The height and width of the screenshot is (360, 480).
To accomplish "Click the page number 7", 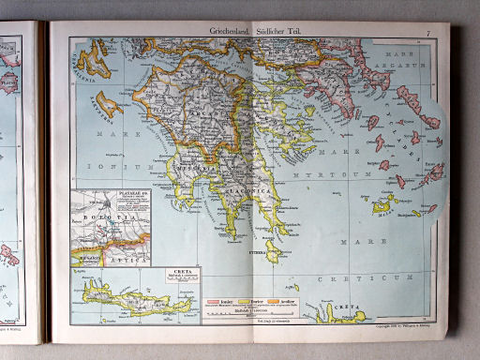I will pyautogui.click(x=427, y=34).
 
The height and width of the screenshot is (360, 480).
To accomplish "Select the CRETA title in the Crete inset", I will pyautogui.click(x=184, y=273).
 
